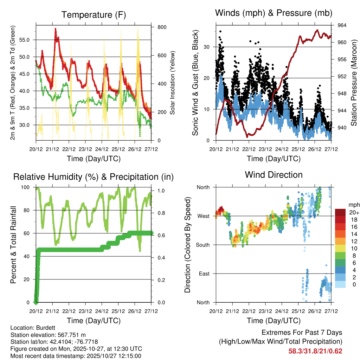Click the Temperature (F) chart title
pyautogui.click(x=93, y=15)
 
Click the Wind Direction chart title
pyautogui.click(x=274, y=175)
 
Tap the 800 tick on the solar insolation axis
pyautogui.click(x=162, y=27)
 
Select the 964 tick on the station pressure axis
pyautogui.click(x=342, y=25)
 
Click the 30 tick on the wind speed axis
pyautogui.click(x=207, y=47)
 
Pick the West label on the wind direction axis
pyautogui.click(x=203, y=216)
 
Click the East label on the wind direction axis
pyautogui.click(x=204, y=274)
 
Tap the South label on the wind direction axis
pyautogui.click(x=202, y=245)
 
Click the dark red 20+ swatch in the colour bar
pyautogui.click(x=340, y=212)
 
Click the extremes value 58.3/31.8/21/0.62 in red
pyautogui.click(x=315, y=351)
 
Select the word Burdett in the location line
pyautogui.click(x=41, y=327)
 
